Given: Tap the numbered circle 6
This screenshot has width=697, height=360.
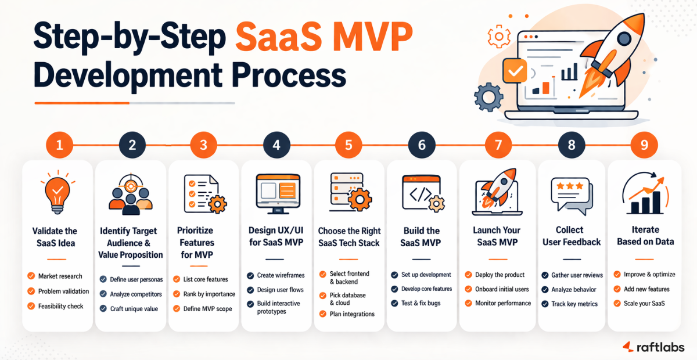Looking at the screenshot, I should pyautogui.click(x=422, y=145).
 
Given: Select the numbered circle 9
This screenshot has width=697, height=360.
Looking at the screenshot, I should pyautogui.click(x=644, y=145).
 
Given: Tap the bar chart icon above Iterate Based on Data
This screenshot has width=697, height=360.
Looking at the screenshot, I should pyautogui.click(x=644, y=195).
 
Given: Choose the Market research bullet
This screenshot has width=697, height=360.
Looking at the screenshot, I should pyautogui.click(x=60, y=276).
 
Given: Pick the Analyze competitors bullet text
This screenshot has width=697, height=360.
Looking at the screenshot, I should pyautogui.click(x=136, y=294).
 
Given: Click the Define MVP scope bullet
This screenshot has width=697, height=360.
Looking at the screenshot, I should pyautogui.click(x=208, y=309).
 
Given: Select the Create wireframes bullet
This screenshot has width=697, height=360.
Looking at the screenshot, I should pyautogui.click(x=282, y=275).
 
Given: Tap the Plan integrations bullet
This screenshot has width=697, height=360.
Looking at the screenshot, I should pyautogui.click(x=352, y=314).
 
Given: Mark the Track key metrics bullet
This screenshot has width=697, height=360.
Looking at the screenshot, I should pyautogui.click(x=574, y=304).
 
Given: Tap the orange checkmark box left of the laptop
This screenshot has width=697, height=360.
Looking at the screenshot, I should pyautogui.click(x=514, y=71).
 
